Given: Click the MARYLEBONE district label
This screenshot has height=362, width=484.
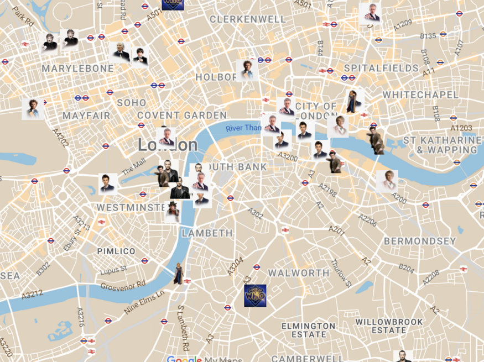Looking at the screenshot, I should click(x=77, y=69).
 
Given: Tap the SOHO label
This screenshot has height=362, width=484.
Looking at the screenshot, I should click(x=132, y=103).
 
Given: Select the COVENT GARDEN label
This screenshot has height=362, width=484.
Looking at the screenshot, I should click(x=182, y=116).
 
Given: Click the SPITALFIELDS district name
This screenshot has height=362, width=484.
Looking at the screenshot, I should click(x=381, y=68).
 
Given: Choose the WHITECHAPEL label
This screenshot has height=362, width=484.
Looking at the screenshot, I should click(x=420, y=95).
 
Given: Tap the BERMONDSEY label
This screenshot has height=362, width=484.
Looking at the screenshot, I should click(x=420, y=241).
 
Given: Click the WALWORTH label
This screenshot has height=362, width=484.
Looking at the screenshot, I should click(x=299, y=273).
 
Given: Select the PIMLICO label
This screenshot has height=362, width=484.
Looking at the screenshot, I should click(x=116, y=251).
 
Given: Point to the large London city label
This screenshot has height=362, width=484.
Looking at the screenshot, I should click(x=168, y=145).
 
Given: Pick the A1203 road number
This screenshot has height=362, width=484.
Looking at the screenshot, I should click(x=461, y=128).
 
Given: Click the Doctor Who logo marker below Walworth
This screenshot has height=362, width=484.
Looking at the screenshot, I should click(x=255, y=296).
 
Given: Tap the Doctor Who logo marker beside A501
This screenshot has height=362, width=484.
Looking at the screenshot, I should click(x=173, y=3).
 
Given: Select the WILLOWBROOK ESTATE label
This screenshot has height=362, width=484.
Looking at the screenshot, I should click(x=389, y=326).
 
